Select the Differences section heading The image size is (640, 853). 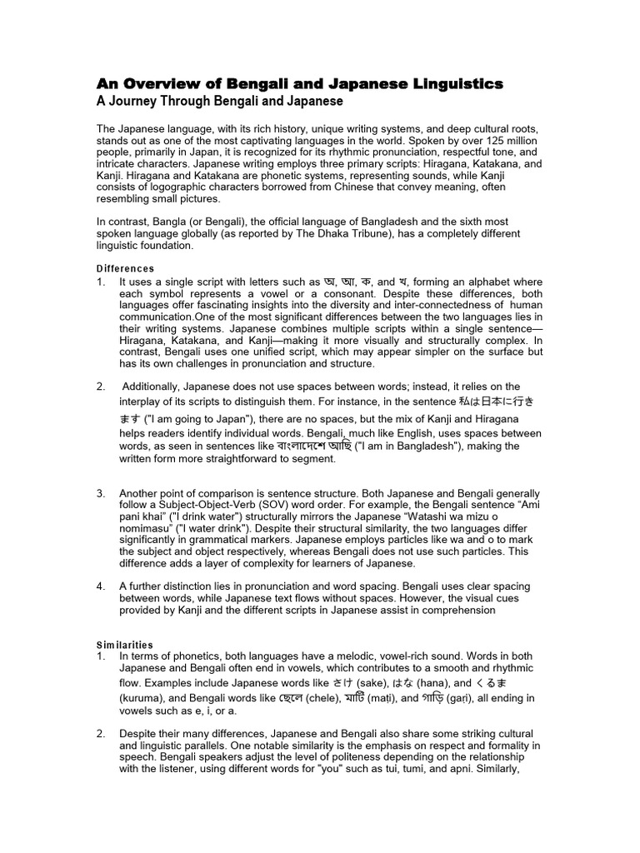pyautogui.click(x=125, y=269)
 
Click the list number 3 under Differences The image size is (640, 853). pyautogui.click(x=101, y=494)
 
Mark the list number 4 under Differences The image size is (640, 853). pyautogui.click(x=101, y=586)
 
